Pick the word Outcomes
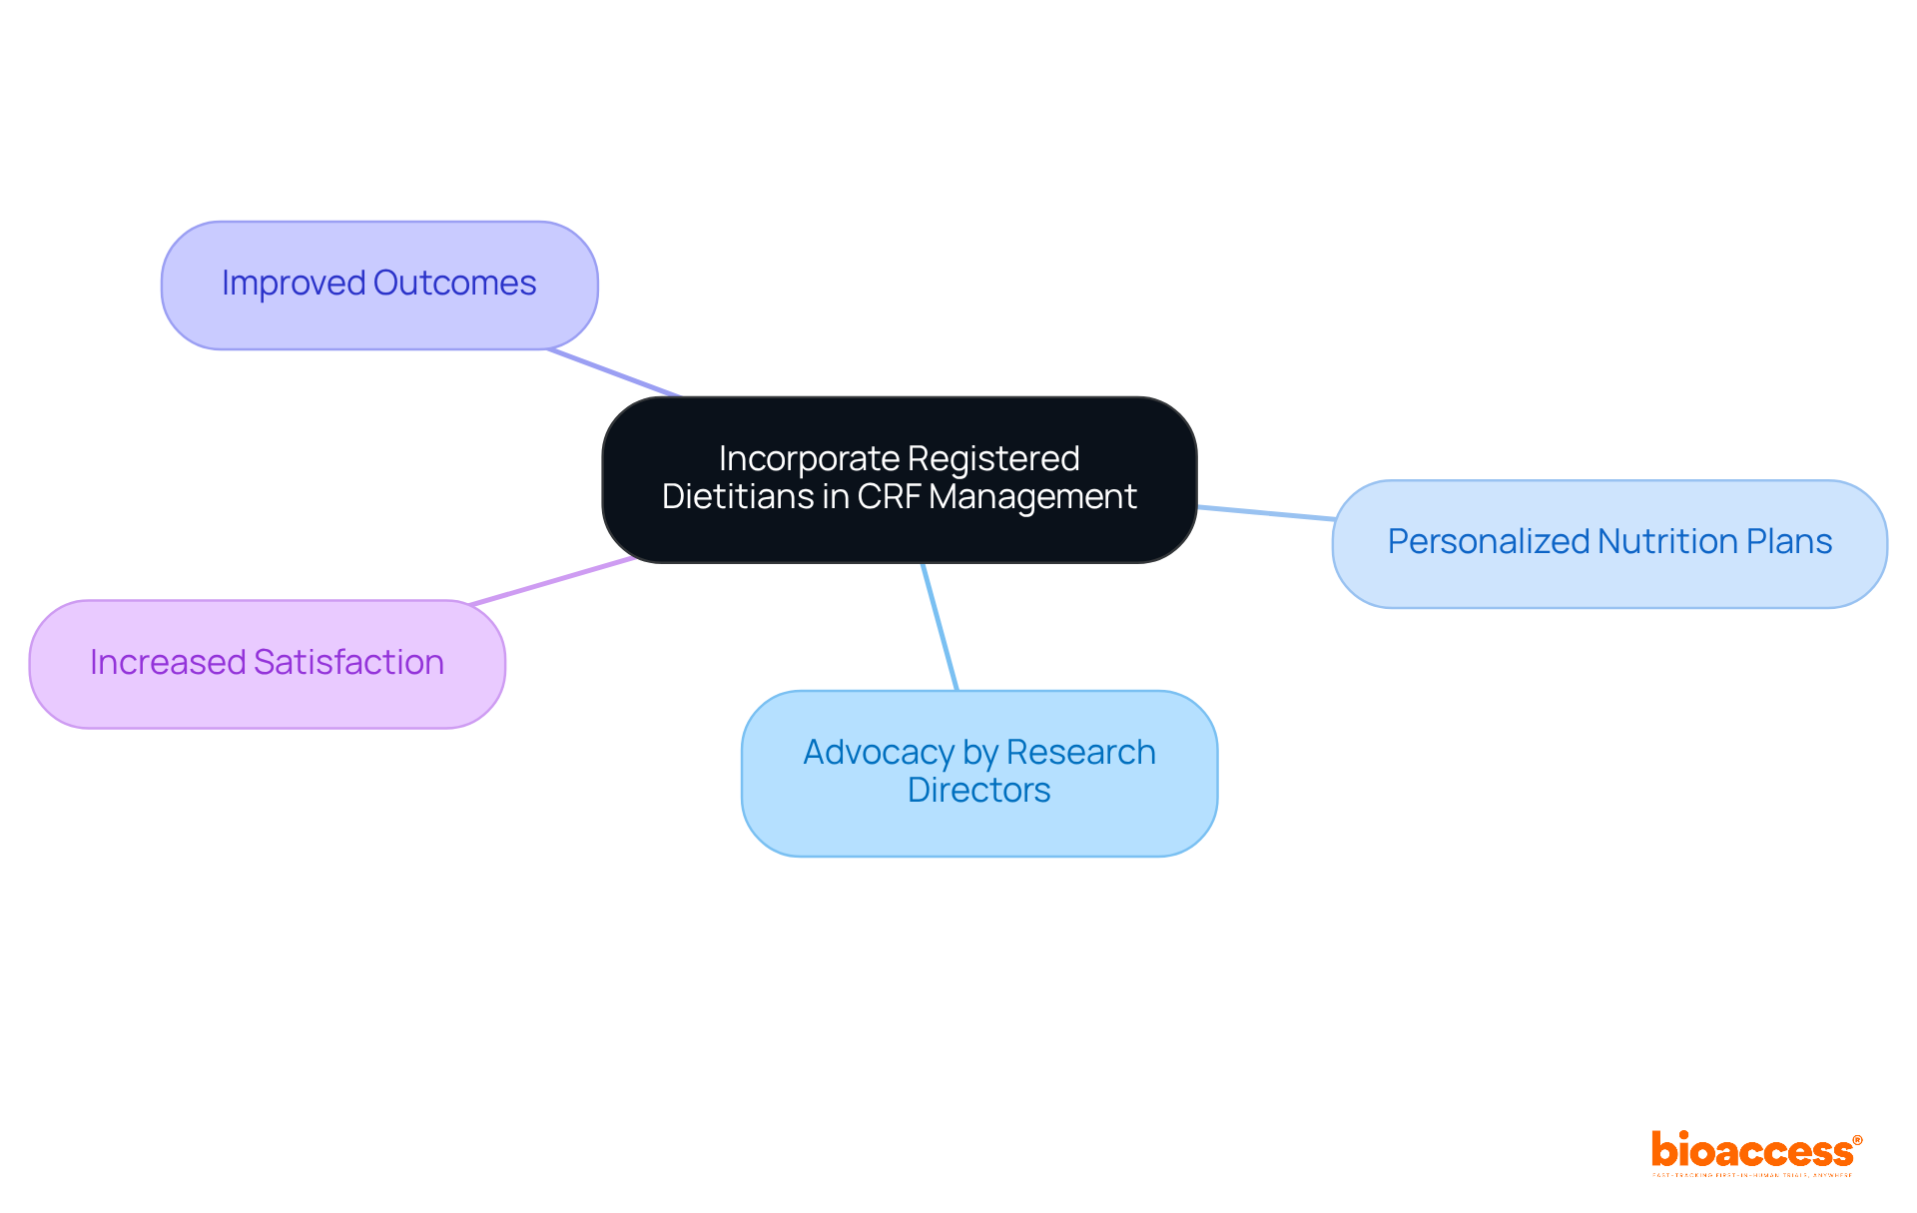point(455,284)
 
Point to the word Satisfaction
point(348,663)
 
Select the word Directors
point(978,791)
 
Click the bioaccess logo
point(1755,1153)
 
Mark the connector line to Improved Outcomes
point(614,373)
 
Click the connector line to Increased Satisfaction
point(552,581)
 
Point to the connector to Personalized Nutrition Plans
point(1265,513)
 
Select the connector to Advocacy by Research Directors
point(940,626)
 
